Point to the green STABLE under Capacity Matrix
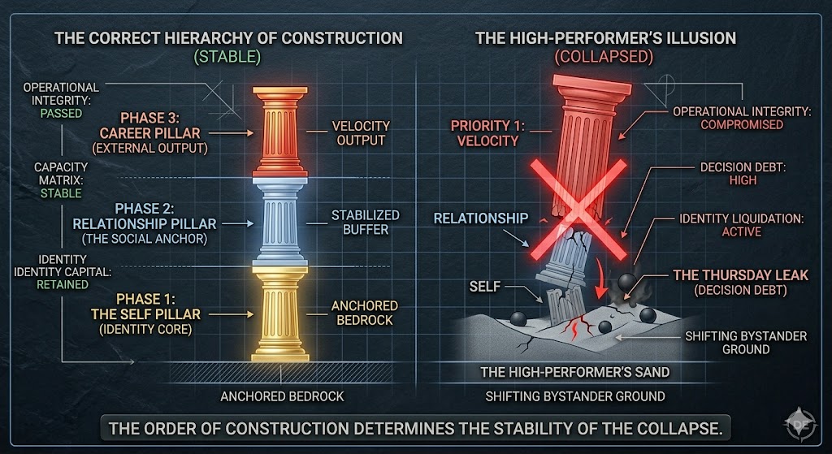tap(62, 194)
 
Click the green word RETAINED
tap(62, 285)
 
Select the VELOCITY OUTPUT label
tap(361, 133)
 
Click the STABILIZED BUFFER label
tap(365, 222)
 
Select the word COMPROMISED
tap(742, 124)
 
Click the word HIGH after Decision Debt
tap(742, 180)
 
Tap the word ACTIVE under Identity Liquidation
tap(742, 231)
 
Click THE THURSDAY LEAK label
tap(741, 275)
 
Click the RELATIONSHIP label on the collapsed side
tap(481, 218)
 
